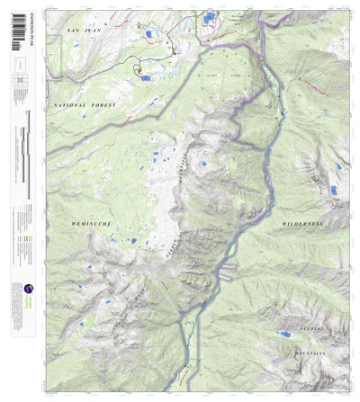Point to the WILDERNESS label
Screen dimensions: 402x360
coord(302,223)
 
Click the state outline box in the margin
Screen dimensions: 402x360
coord(19,65)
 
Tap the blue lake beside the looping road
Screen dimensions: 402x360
coord(146,78)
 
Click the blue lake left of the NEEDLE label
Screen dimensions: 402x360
coord(284,334)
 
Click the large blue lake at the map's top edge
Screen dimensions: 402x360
coord(211,15)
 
